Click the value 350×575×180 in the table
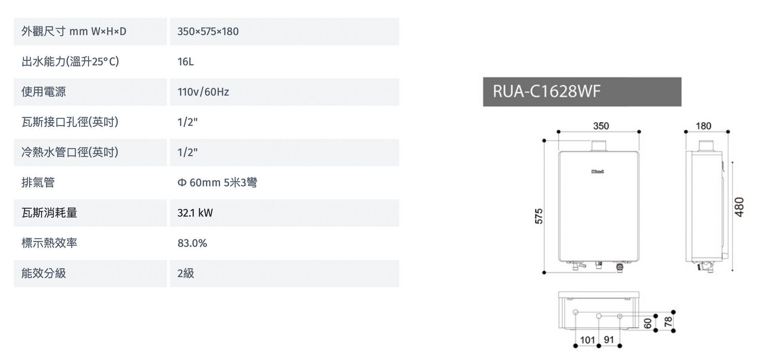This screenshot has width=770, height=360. pos(208,32)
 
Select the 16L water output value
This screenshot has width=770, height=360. pos(186,62)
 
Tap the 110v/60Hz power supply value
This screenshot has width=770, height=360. pos(203,92)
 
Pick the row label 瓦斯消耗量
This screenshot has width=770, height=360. pos(49,213)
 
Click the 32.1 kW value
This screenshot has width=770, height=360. pos(195,213)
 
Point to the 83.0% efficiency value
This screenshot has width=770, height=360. pos(192,243)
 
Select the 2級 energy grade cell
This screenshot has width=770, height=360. pos(186,273)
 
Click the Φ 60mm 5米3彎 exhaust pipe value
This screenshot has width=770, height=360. pos(217,183)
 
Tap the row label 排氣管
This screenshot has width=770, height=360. pos(38,183)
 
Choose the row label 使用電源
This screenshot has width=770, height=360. pos(44,92)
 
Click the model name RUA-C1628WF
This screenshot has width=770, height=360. pos(546,91)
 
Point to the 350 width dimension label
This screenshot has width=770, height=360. pos(601,126)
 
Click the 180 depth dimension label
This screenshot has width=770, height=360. pos(704,126)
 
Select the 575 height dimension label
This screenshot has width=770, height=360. pos(539,216)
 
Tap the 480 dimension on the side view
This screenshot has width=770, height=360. pos(739,207)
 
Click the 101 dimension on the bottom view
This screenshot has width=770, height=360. pos(587,340)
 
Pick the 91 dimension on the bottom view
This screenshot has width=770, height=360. pos(609,340)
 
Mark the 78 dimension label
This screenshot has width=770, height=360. pos(668,321)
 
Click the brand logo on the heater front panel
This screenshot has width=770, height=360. pos(597,172)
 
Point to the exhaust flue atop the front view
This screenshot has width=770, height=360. pos(599,146)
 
